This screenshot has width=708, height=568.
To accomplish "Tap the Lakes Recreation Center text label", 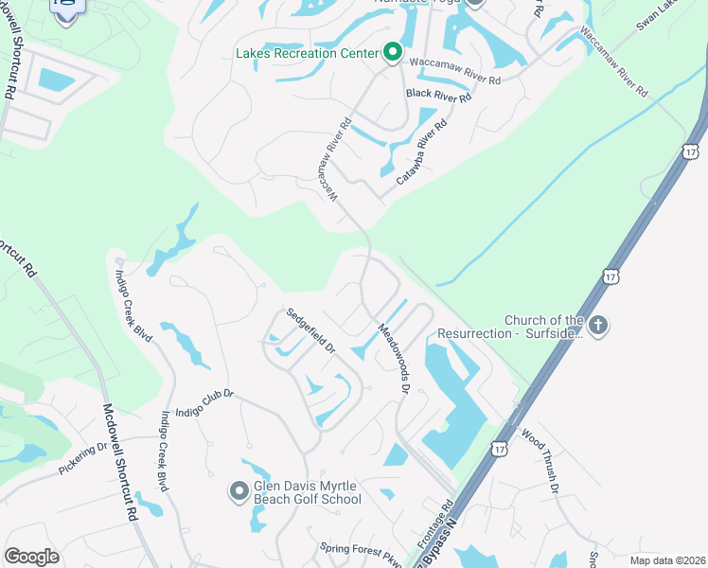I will point(308,53).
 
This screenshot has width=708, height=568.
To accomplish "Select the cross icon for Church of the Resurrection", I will point(597,326).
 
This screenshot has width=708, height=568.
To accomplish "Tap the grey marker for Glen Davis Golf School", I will point(239,490).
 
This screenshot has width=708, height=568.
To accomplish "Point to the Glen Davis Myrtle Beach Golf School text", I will point(308,492).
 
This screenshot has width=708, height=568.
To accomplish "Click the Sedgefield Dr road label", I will point(311,332).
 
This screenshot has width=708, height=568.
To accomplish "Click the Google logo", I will point(31,557).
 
